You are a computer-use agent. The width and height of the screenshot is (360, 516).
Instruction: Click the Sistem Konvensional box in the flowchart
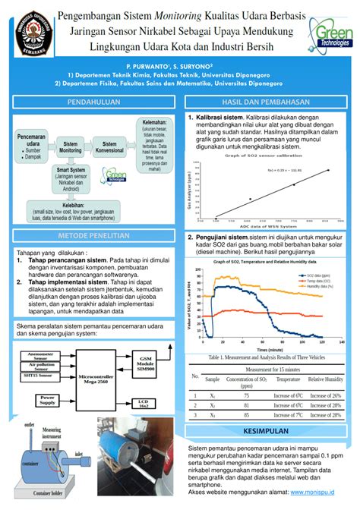[109, 148]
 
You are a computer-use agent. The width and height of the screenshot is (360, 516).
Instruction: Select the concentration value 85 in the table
[246, 415]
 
